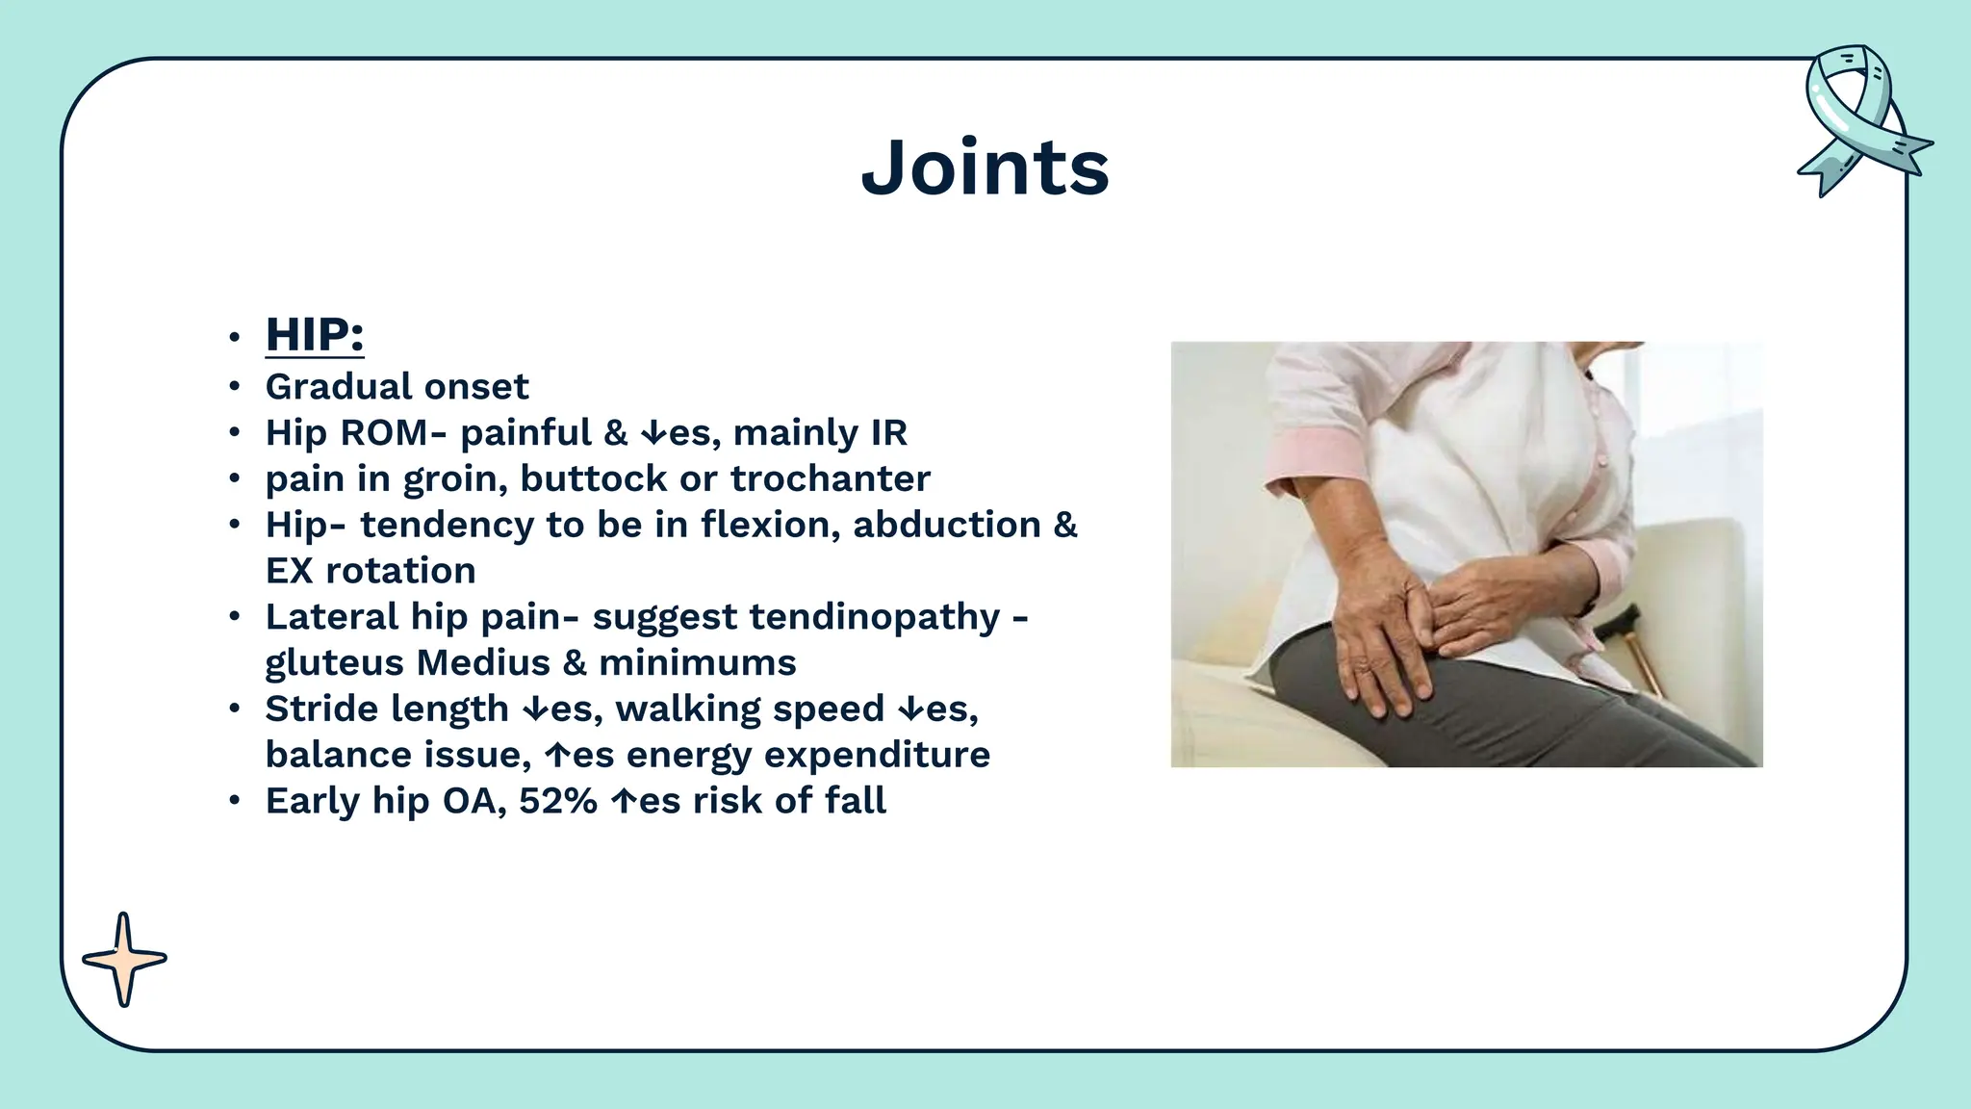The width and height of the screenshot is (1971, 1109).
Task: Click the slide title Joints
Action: pos(985,168)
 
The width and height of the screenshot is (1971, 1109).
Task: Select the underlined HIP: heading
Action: pos(315,334)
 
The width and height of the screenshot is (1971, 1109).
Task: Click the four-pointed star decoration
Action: pos(124,959)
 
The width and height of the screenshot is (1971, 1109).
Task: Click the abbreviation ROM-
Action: pos(394,433)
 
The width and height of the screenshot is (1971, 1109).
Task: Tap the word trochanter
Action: pos(830,478)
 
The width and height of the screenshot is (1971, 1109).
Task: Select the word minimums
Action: pos(698,663)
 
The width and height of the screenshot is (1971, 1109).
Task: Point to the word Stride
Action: pos(320,709)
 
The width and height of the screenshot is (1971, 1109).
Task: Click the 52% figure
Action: pos(558,801)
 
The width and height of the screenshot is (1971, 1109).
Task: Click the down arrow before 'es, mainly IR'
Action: pos(653,434)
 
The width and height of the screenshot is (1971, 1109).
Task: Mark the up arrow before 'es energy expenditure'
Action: pos(558,756)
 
